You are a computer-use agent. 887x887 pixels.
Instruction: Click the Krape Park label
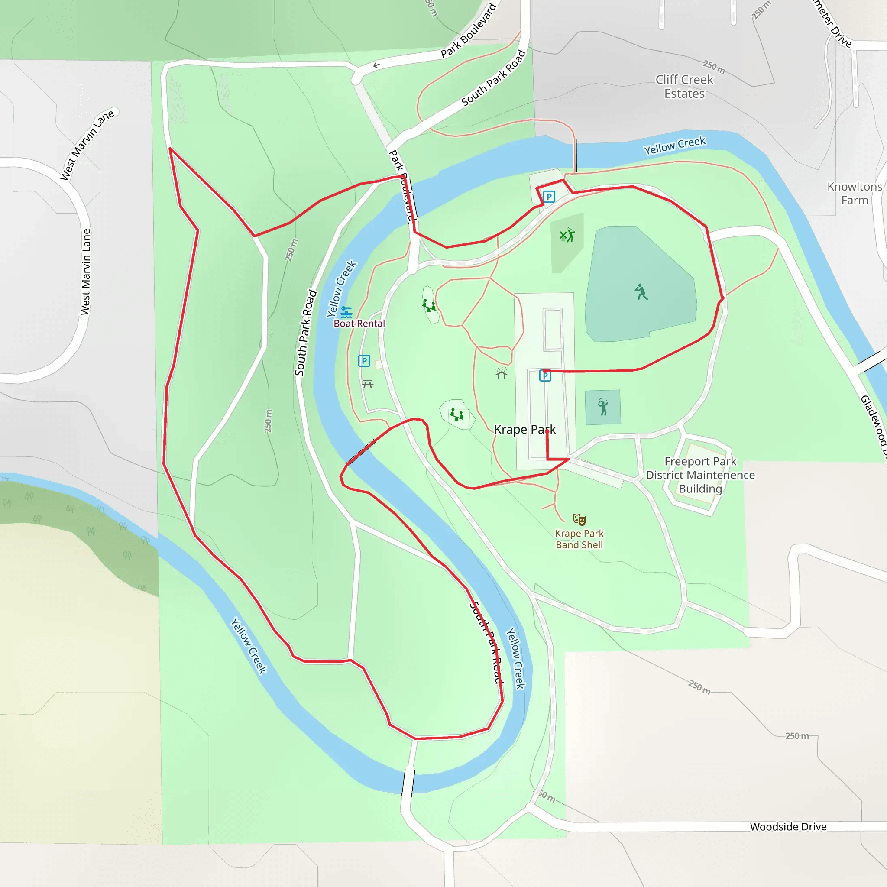pos(524,430)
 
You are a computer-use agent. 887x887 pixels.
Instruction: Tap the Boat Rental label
pos(359,324)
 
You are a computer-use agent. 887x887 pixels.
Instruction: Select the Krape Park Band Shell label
pos(579,539)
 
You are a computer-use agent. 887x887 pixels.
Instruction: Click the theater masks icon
pos(579,519)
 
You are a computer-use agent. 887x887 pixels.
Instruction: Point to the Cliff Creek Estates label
pos(684,86)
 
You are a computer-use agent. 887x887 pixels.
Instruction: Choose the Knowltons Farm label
pos(855,193)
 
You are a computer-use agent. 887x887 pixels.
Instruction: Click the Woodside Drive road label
pos(788,827)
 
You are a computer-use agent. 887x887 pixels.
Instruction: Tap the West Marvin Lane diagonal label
pos(87,145)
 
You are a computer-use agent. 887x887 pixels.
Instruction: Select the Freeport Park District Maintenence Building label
pos(700,475)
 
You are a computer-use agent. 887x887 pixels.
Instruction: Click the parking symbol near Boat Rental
pos(364,361)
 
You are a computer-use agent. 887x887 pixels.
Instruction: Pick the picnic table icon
pos(368,384)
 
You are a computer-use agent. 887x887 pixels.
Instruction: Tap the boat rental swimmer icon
pos(346,312)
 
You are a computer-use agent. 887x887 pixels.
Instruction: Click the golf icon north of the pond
pos(567,235)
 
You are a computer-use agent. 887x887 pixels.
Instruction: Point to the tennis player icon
pos(603,407)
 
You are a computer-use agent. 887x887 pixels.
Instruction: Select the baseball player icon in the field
pos(641,291)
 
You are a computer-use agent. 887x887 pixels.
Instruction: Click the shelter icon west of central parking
pos(502,374)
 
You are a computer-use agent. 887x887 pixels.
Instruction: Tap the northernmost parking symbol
pos(549,197)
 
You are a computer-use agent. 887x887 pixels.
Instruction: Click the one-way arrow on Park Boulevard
pos(376,66)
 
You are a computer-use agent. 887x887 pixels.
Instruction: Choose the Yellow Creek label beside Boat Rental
pos(342,289)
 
